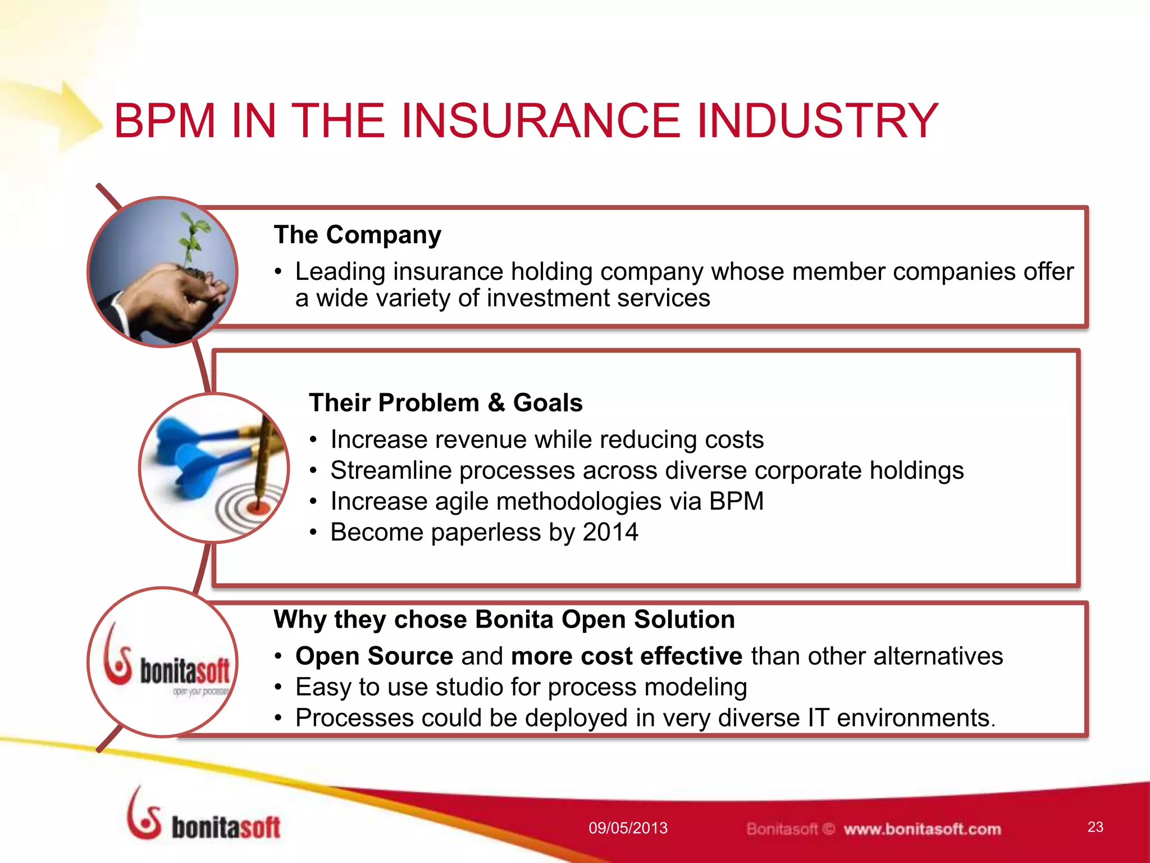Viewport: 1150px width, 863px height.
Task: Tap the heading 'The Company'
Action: click(357, 235)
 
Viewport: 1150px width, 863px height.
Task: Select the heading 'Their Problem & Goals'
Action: click(445, 403)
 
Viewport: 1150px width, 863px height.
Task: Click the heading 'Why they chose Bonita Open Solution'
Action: click(504, 620)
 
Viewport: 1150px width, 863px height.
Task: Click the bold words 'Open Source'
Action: click(374, 656)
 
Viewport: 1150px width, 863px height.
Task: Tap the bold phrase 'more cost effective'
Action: click(626, 656)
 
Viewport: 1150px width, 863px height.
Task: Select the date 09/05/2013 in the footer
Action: click(628, 828)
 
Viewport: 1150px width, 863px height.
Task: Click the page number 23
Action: click(1095, 827)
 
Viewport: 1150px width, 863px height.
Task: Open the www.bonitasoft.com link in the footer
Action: click(922, 829)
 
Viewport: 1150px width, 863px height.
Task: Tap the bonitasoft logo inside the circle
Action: click(167, 663)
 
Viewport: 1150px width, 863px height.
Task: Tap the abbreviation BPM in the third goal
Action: click(736, 501)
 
